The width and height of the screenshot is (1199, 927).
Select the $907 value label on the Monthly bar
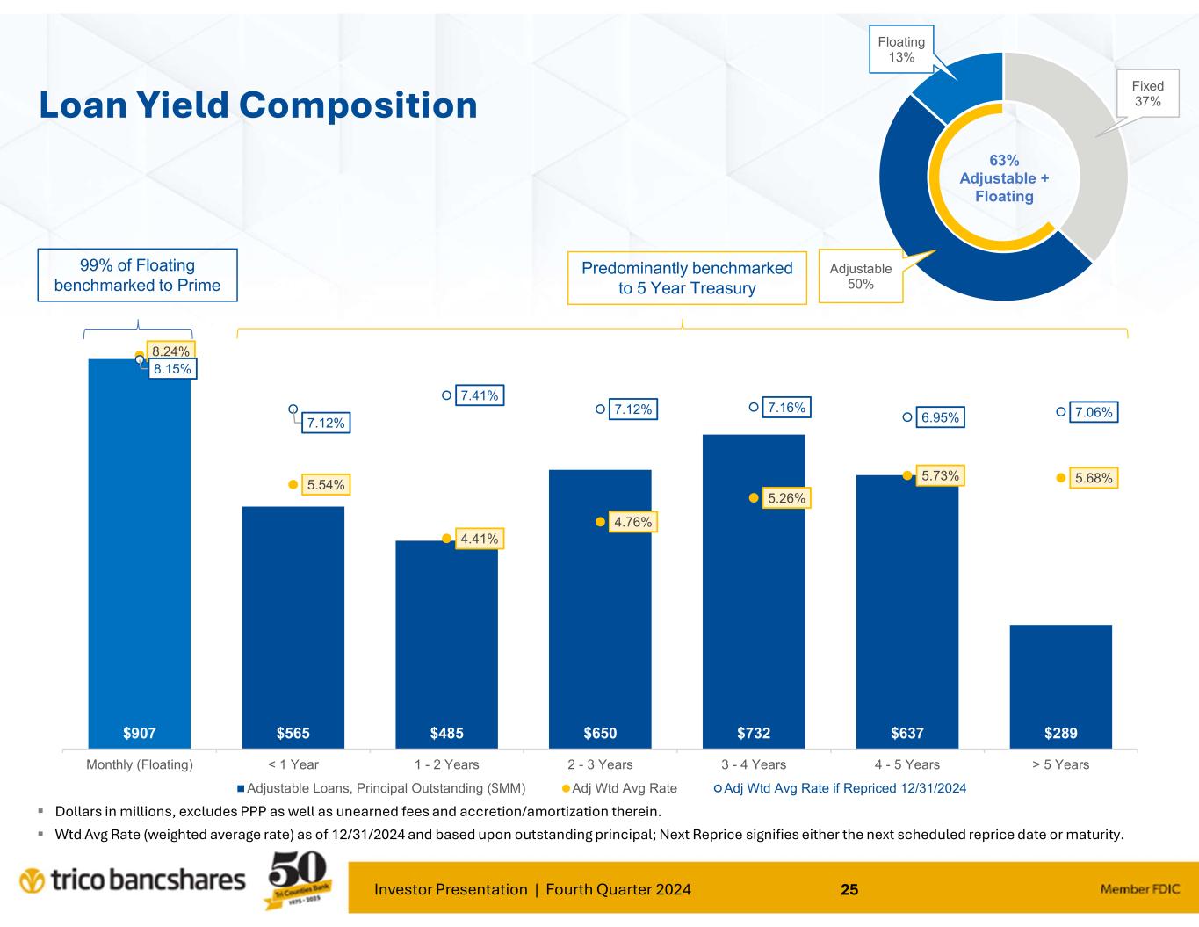tap(140, 733)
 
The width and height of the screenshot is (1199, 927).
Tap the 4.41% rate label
tap(480, 538)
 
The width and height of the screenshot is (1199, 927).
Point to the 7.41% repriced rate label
tap(480, 396)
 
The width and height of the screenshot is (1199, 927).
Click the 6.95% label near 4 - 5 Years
tap(941, 418)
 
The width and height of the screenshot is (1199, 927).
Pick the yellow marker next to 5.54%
tap(293, 483)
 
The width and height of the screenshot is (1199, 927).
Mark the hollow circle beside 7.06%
tap(1061, 411)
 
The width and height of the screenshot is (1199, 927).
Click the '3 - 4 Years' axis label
tap(754, 764)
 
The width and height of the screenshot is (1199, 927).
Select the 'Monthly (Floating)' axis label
tap(140, 764)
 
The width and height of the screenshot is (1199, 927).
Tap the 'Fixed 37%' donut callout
tap(1147, 94)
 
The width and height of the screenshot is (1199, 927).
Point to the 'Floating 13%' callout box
tap(901, 49)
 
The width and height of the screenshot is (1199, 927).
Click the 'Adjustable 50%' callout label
tap(860, 276)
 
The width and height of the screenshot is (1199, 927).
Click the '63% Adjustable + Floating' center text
tap(1004, 178)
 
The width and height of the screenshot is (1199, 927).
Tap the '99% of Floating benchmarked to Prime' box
tap(138, 275)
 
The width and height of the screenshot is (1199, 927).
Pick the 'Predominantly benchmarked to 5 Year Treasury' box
tap(687, 278)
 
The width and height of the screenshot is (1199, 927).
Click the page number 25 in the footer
tap(849, 889)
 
